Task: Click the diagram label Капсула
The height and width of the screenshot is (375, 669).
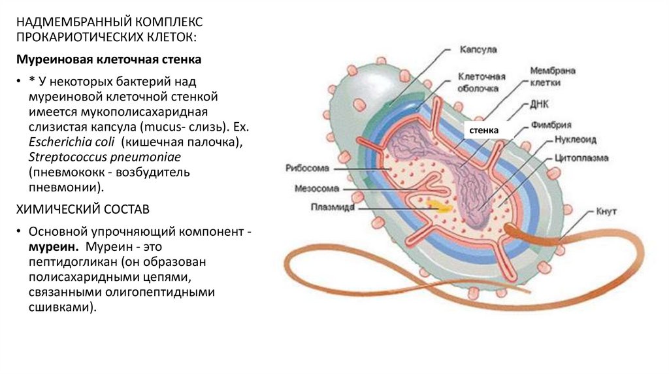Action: click(479, 50)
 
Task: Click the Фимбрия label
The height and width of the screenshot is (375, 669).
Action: click(554, 124)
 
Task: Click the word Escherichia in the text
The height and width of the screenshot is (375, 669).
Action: click(58, 142)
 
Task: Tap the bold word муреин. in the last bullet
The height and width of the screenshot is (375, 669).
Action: click(54, 248)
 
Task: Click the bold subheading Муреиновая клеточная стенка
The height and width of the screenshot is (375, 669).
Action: click(108, 59)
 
